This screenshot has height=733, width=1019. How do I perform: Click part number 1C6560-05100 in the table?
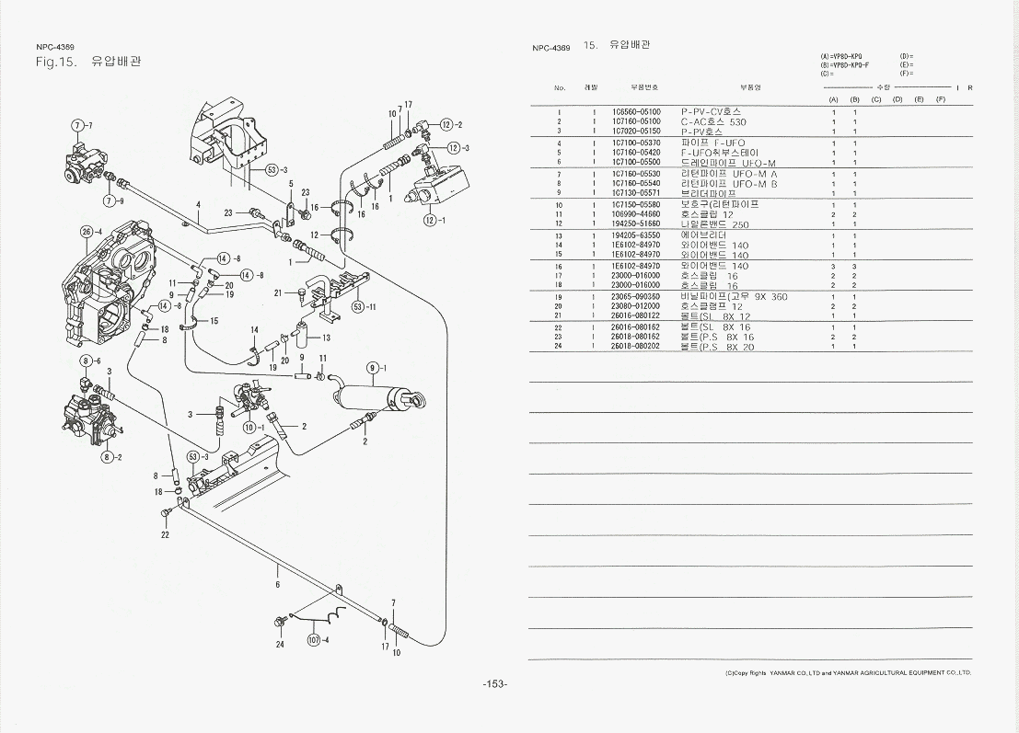point(636,112)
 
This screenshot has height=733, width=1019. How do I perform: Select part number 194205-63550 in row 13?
point(636,235)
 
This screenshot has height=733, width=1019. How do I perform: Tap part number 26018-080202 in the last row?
point(636,347)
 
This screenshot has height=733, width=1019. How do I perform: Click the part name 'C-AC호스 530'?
point(713,121)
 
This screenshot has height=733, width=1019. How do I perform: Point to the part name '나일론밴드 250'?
point(714,223)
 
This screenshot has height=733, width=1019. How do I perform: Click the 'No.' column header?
point(560,87)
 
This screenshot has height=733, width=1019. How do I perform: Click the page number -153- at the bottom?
point(495,683)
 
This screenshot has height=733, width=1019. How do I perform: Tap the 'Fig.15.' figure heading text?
point(54,63)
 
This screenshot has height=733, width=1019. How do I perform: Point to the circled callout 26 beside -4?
point(86,231)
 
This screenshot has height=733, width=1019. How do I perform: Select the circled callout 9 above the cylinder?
point(372,368)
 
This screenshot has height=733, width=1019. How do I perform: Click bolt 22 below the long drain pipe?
point(166,512)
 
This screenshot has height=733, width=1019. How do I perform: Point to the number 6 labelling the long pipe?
point(277,583)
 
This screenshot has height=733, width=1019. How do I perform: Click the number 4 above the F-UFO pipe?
point(197,205)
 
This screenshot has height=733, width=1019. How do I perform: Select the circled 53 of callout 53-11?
point(358,306)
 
